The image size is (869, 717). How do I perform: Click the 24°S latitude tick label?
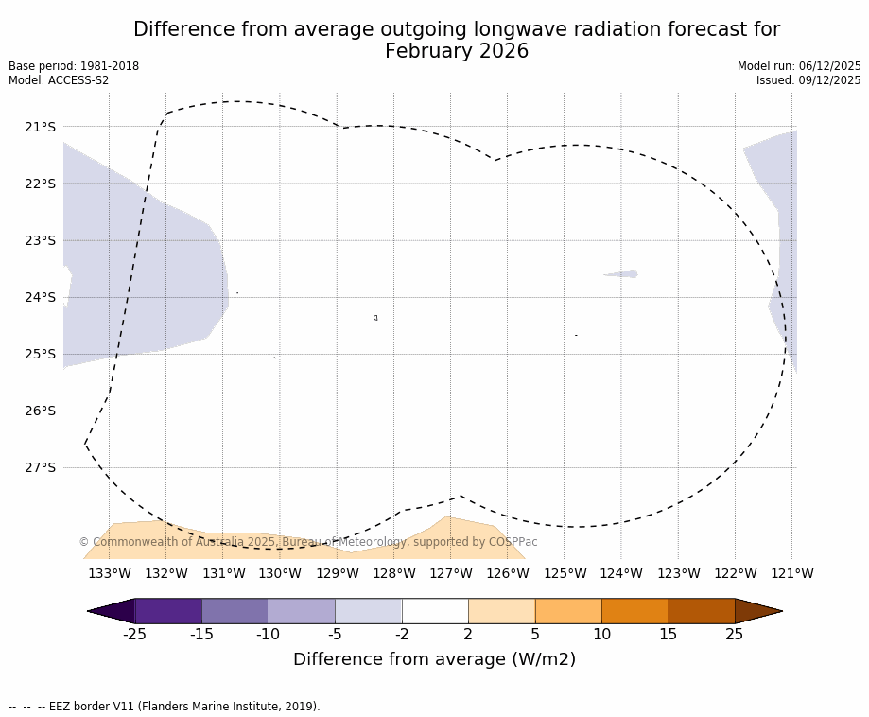pyautogui.click(x=40, y=297)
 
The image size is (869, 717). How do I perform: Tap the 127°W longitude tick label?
pyautogui.click(x=450, y=573)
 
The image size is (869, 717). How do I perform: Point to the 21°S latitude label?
pyautogui.click(x=40, y=127)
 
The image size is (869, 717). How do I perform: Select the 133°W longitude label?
pyautogui.click(x=109, y=573)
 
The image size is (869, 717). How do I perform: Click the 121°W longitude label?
pyautogui.click(x=791, y=573)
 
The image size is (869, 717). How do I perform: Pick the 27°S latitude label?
pyautogui.click(x=40, y=467)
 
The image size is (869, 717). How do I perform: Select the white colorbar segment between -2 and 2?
pyautogui.click(x=435, y=611)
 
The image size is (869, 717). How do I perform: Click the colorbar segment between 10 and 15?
pyautogui.click(x=634, y=611)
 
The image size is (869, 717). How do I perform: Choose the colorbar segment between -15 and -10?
pyautogui.click(x=235, y=611)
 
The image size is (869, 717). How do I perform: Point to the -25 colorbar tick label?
pyautogui.click(x=134, y=635)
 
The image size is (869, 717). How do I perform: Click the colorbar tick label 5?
pyautogui.click(x=534, y=635)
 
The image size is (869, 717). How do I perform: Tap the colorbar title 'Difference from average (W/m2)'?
pyautogui.click(x=434, y=659)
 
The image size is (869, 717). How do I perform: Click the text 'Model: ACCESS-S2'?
pyautogui.click(x=59, y=80)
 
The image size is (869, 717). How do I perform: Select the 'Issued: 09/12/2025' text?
pyautogui.click(x=808, y=80)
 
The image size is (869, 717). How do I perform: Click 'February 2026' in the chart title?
pyautogui.click(x=457, y=52)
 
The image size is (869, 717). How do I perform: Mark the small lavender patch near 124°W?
pyautogui.click(x=622, y=274)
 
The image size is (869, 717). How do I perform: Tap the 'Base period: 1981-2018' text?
pyautogui.click(x=74, y=66)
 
